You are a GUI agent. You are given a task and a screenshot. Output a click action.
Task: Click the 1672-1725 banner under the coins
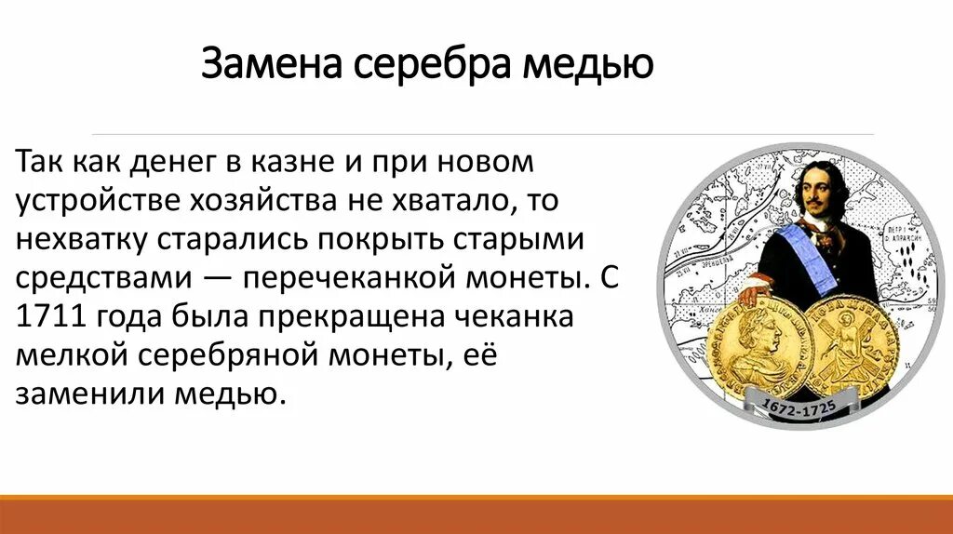[799, 407]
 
